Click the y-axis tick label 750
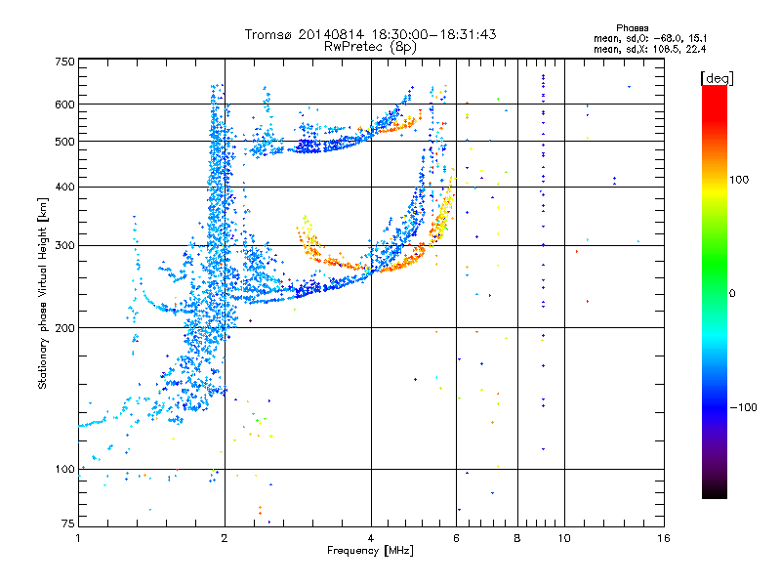[x=65, y=62]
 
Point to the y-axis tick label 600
[x=65, y=105]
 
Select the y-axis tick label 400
[x=65, y=187]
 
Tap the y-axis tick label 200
[x=65, y=327]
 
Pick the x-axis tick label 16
[x=663, y=538]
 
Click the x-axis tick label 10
[x=563, y=538]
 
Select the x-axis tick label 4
[x=371, y=538]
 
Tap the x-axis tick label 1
[x=79, y=538]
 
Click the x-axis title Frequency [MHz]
[x=371, y=552]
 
